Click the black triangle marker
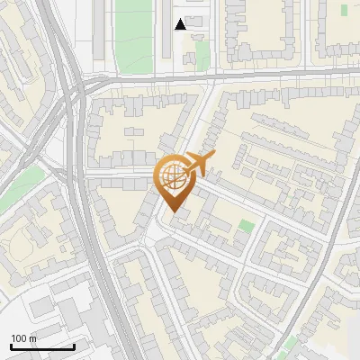(x=181, y=24)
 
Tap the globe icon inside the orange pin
(x=175, y=176)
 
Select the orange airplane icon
(x=200, y=164)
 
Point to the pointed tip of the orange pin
(x=174, y=212)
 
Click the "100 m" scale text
(x=23, y=338)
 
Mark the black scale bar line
(x=42, y=346)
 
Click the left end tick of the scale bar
(x=11, y=346)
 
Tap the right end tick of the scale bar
(x=74, y=346)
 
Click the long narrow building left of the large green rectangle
(x=99, y=31)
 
